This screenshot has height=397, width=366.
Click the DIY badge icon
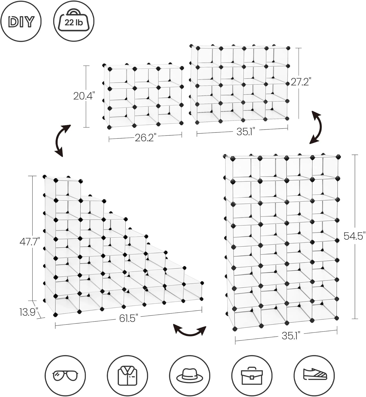21,21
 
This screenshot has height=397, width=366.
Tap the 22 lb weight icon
74,21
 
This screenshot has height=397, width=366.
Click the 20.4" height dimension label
84,96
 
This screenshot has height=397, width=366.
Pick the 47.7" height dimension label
30,242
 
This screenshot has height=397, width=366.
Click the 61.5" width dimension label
129,318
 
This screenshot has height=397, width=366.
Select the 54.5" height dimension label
354,236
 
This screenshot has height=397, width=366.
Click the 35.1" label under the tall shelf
291,336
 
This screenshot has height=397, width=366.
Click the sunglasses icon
65,376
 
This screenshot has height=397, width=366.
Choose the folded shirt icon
127,376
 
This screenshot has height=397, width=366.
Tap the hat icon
190,376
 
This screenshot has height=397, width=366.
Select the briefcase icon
252,376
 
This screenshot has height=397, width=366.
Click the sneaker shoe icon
314,376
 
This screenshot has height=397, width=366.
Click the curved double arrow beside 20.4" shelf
63,141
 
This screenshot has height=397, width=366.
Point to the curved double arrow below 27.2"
316,127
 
